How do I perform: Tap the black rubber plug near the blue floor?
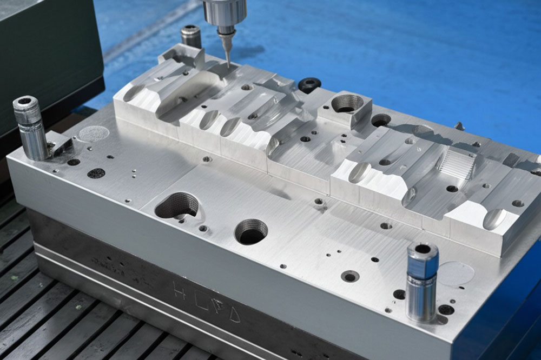point(309,84)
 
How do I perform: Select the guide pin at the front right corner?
point(422,281)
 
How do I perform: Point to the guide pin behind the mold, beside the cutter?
point(191,37)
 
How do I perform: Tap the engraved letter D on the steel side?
point(233,314)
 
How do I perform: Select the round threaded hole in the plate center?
point(251,231)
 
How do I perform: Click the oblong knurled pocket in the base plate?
point(176,206)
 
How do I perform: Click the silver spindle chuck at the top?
point(225,14)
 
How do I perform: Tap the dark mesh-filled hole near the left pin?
point(96,173)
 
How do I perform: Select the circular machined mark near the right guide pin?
point(455,273)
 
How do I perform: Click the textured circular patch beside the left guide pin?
point(94,134)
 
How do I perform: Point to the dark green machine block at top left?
point(49,54)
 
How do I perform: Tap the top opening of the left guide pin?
point(25,101)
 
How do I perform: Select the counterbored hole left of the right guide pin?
point(350,276)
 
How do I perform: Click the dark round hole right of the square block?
point(381,120)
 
